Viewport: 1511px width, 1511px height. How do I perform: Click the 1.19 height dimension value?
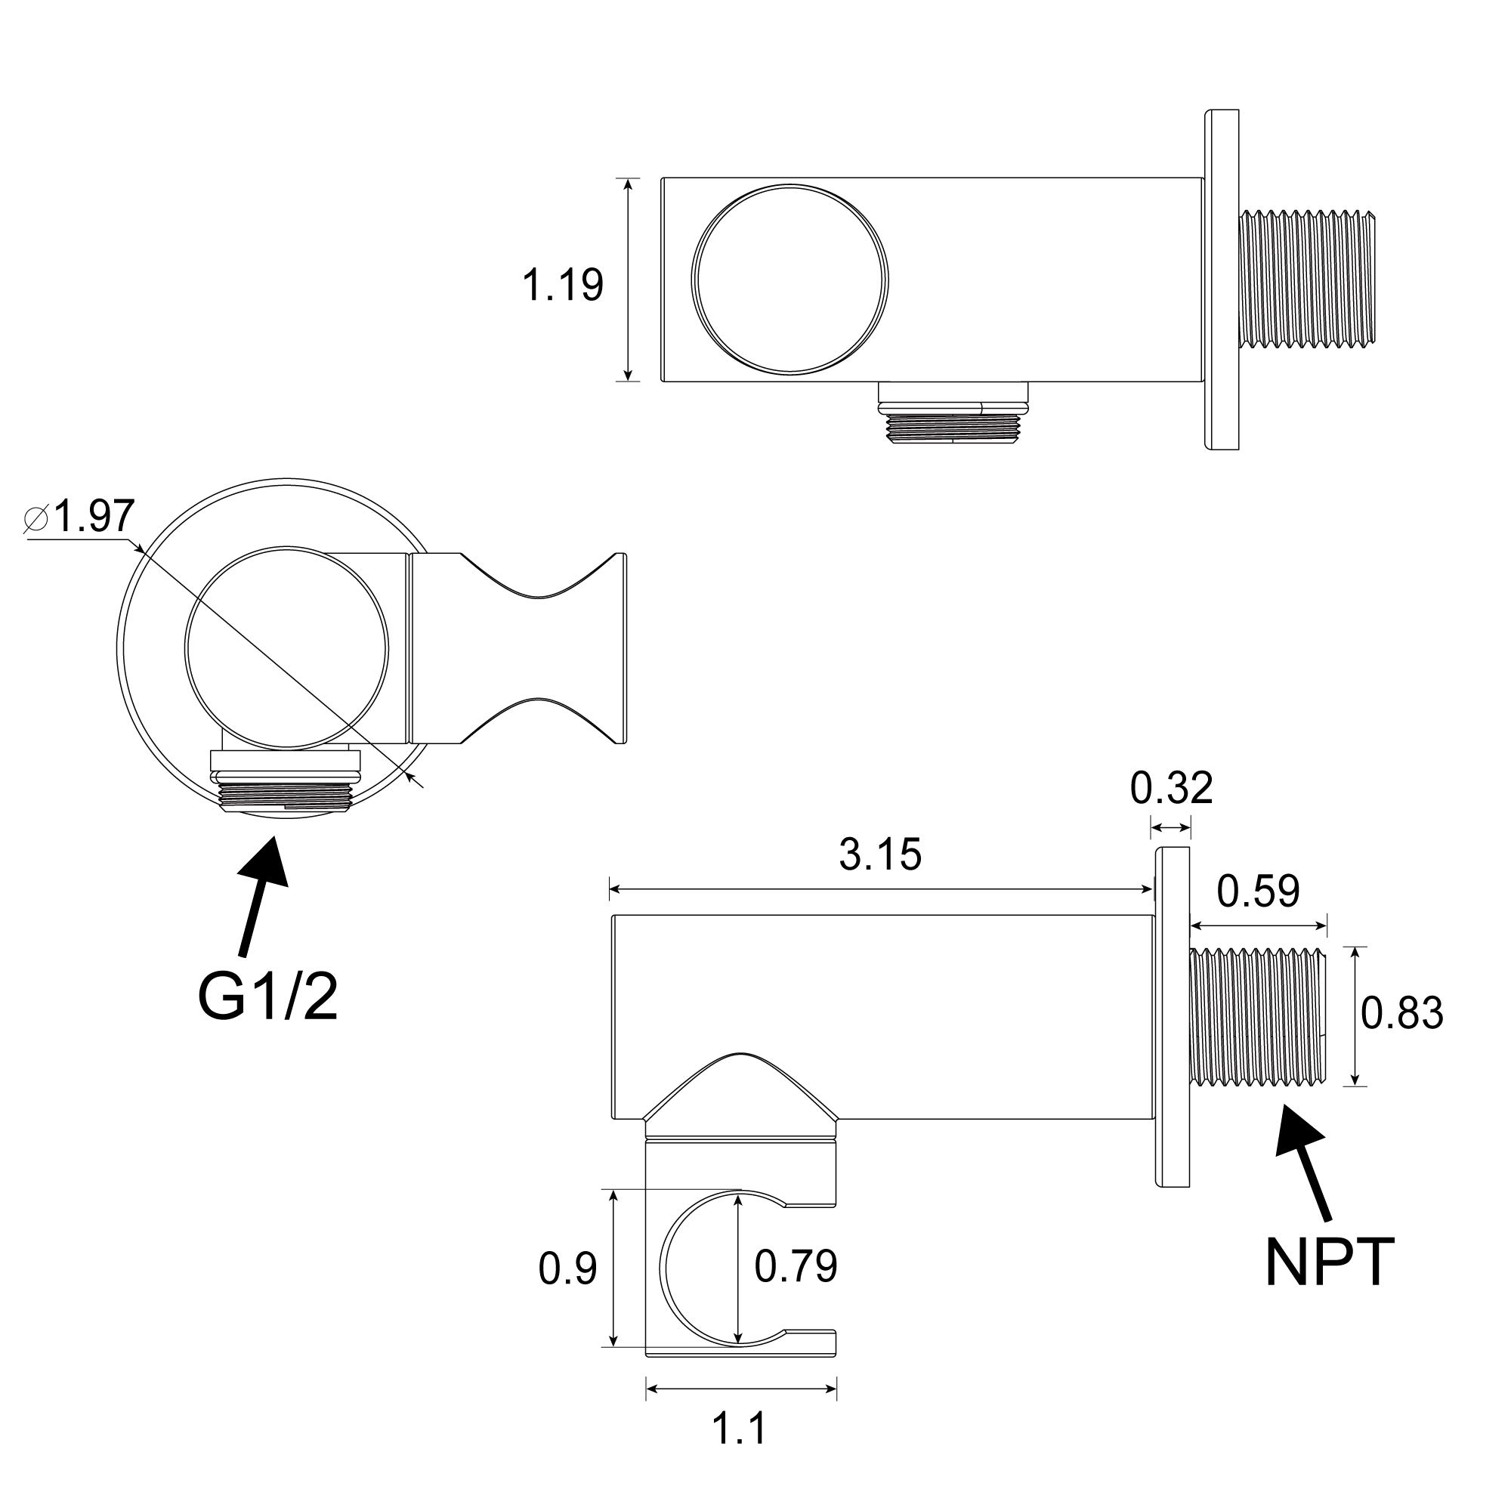pos(562,285)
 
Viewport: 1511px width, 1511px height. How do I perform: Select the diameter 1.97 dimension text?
pos(82,516)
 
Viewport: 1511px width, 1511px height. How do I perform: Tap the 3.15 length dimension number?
pos(880,854)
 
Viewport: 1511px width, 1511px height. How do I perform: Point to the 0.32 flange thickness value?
pos(1171,787)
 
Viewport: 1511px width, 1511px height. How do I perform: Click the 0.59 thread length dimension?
pos(1258,891)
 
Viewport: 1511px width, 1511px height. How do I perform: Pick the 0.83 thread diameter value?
pos(1401,1013)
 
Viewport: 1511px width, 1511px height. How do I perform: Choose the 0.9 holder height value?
pos(568,1268)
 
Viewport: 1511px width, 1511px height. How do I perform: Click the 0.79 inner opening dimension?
pos(796,1266)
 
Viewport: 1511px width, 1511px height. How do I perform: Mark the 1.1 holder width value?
pos(739,1428)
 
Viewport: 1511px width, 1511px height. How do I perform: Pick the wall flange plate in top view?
pos(1222,280)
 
